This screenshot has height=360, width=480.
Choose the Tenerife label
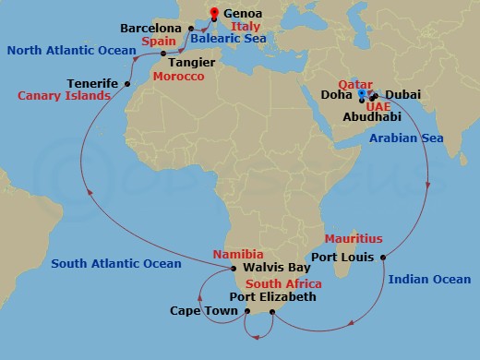click(x=92, y=83)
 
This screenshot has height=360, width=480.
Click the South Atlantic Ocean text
click(x=116, y=264)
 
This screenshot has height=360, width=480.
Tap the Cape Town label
click(x=199, y=311)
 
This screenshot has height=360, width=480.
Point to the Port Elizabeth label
click(x=272, y=297)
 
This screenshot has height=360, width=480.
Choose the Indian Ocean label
click(x=429, y=279)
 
